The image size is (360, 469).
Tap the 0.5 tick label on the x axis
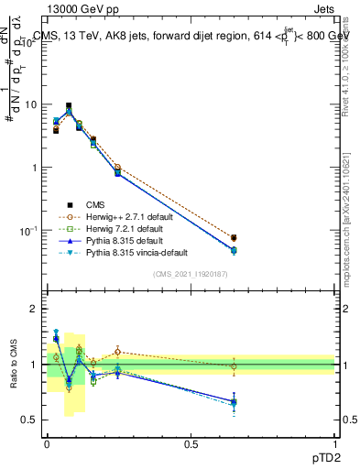pyautogui.click(x=191, y=442)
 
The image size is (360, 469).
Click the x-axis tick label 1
pyautogui.click(x=335, y=442)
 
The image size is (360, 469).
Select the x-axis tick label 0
pyautogui.click(x=47, y=442)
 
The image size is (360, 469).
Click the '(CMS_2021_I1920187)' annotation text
pyautogui.click(x=191, y=274)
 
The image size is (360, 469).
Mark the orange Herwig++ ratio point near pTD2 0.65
pyautogui.click(x=234, y=366)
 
